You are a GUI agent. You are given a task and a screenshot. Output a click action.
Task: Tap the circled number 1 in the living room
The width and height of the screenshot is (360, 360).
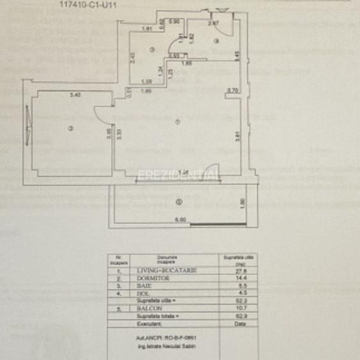pyautogui.click(x=178, y=122)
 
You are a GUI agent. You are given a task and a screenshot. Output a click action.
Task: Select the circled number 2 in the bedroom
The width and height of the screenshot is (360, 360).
pyautogui.click(x=71, y=130)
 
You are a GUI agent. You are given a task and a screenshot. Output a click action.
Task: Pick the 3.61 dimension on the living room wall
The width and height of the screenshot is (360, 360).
pyautogui.click(x=237, y=135)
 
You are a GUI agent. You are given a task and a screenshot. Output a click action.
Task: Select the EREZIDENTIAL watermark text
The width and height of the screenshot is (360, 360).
pyautogui.click(x=180, y=175)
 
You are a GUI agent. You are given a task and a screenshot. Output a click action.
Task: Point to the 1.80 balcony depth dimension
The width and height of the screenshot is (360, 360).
pyautogui.click(x=251, y=203)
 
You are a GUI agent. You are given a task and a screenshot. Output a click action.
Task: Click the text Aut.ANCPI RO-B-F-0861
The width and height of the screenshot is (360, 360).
pyautogui.click(x=180, y=339)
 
